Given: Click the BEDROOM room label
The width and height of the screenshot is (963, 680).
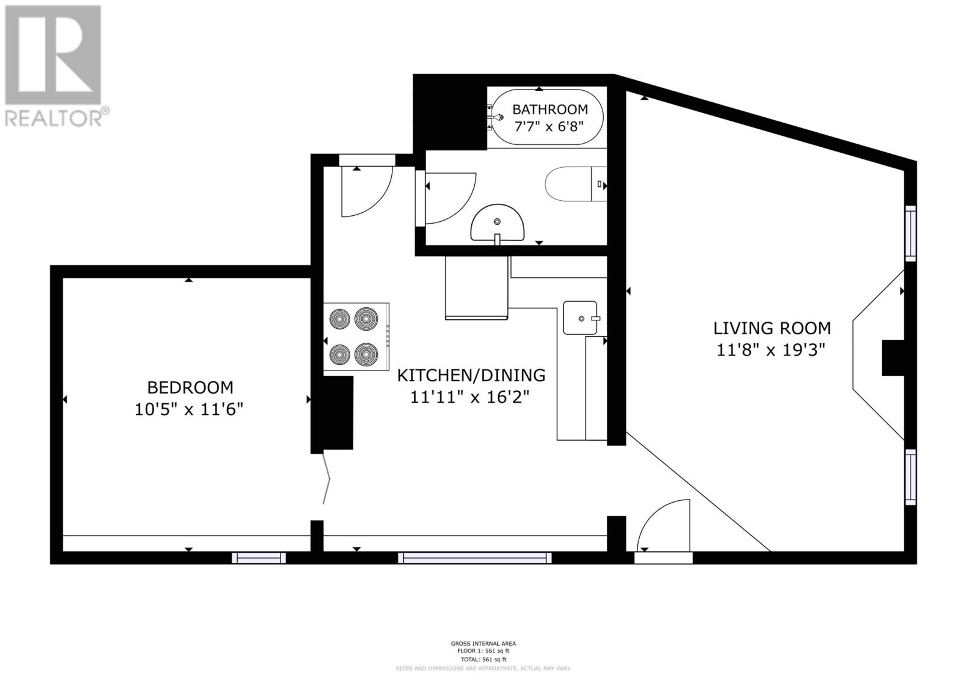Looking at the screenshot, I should click(x=190, y=387).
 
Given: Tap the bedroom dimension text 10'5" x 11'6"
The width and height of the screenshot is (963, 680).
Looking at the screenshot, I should click(x=189, y=410).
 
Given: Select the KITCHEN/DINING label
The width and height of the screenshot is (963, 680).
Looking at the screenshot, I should click(x=471, y=375).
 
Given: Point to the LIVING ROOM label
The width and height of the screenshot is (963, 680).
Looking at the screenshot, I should click(x=772, y=328).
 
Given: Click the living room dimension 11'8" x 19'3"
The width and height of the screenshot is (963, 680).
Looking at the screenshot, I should click(x=770, y=350).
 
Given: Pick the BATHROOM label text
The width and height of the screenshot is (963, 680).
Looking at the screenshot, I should click(x=550, y=109).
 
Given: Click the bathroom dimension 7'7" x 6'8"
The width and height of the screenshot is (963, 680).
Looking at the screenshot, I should click(x=550, y=127).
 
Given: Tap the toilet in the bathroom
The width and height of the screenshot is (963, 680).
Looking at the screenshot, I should click(x=572, y=184).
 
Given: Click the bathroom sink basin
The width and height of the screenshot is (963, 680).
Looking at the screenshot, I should click(x=497, y=224).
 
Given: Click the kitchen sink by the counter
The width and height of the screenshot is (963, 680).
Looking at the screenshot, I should click(x=580, y=317).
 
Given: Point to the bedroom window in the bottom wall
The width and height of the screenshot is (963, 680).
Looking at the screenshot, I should click(x=259, y=558).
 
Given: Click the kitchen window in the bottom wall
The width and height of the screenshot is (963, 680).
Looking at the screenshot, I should click(x=475, y=558).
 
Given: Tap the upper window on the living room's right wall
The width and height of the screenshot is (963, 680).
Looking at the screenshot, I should click(x=910, y=233).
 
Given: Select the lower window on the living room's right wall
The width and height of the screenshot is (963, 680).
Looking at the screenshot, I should click(x=910, y=477).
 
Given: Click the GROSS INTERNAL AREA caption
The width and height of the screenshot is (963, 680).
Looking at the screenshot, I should click(x=483, y=643).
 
